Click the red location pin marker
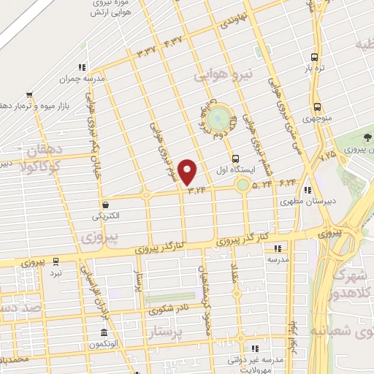pyautogui.click(x=188, y=171)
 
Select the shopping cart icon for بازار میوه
pyautogui.click(x=29, y=94)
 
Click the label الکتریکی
pyautogui.click(x=107, y=216)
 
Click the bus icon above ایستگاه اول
pyautogui.click(x=235, y=159)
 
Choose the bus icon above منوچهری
pyautogui.click(x=316, y=106)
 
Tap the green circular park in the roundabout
pyautogui.click(x=217, y=118)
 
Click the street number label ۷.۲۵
pyautogui.click(x=329, y=155)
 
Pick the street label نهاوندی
pyautogui.click(x=234, y=19)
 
